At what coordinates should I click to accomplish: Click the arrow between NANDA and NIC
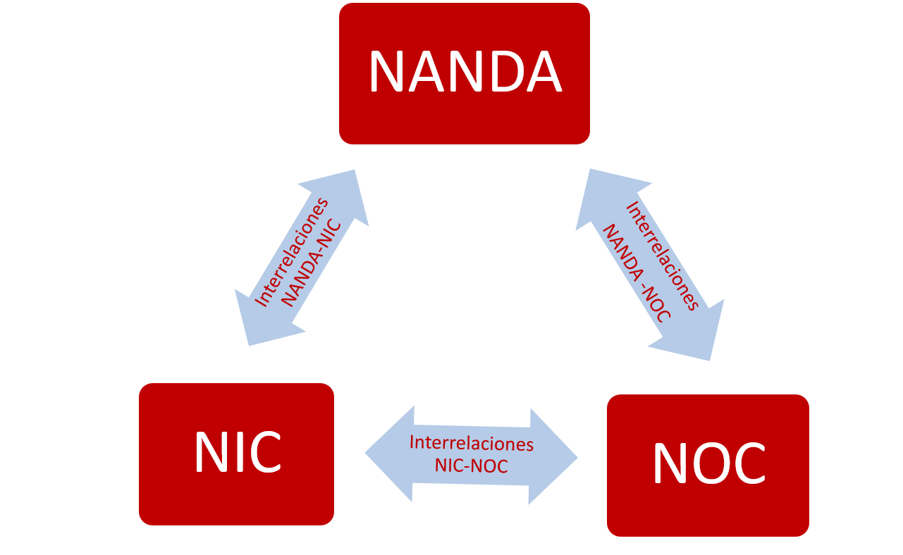[302, 258]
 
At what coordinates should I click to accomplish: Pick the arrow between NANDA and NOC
[649, 264]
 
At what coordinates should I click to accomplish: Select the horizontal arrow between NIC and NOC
[471, 455]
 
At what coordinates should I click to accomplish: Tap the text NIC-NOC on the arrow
[471, 466]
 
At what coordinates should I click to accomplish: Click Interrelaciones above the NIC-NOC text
[471, 444]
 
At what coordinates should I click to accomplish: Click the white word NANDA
[465, 72]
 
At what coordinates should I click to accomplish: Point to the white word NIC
[238, 452]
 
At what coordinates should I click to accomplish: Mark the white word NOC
[708, 463]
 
